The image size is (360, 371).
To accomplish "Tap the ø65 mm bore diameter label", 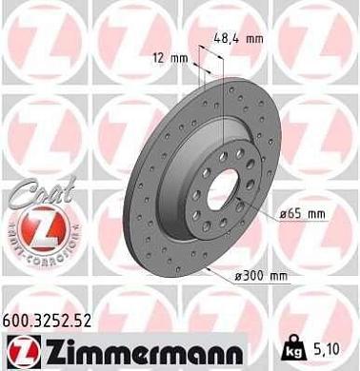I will [x=298, y=216].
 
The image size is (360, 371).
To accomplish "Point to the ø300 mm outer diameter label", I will [x=260, y=276].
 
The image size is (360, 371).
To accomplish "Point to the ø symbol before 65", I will [x=282, y=216].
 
